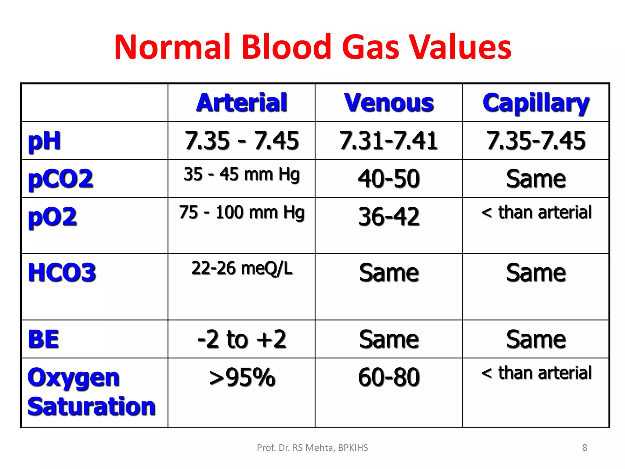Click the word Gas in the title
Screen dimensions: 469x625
[x=370, y=47]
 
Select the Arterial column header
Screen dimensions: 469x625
[x=241, y=103]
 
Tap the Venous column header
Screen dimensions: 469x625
[x=389, y=103]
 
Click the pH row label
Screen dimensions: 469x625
[x=44, y=141]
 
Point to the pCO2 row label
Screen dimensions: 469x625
[x=60, y=179]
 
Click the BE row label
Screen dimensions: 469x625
[x=43, y=339]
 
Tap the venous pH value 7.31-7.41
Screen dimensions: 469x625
[x=389, y=141]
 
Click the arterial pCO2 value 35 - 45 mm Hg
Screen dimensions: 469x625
[x=241, y=175]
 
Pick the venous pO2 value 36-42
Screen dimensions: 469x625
[x=389, y=216]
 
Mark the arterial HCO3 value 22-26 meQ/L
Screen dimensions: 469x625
[x=242, y=268]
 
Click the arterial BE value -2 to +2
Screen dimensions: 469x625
[x=241, y=339]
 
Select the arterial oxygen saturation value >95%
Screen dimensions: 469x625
[x=242, y=377]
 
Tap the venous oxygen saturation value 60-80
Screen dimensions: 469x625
[x=389, y=377]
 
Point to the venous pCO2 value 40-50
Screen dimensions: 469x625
[x=389, y=179]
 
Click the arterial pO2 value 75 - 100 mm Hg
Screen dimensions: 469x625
[x=241, y=213]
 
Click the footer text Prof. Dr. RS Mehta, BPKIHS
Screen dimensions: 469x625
[x=312, y=448]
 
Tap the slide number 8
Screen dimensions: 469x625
[x=584, y=448]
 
